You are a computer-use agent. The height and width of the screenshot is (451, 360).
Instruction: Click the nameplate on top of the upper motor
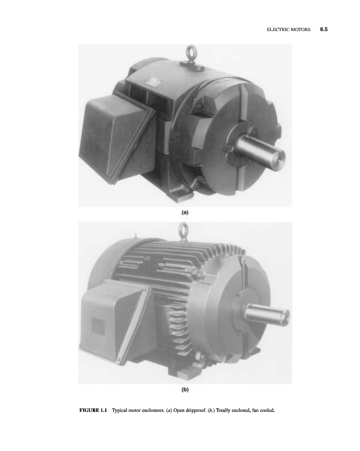[x=153, y=83]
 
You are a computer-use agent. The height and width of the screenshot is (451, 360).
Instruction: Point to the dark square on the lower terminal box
[x=98, y=326]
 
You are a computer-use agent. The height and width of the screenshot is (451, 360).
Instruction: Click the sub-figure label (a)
[x=185, y=212]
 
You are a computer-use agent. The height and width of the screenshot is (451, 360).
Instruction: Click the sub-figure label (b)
[x=185, y=390]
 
